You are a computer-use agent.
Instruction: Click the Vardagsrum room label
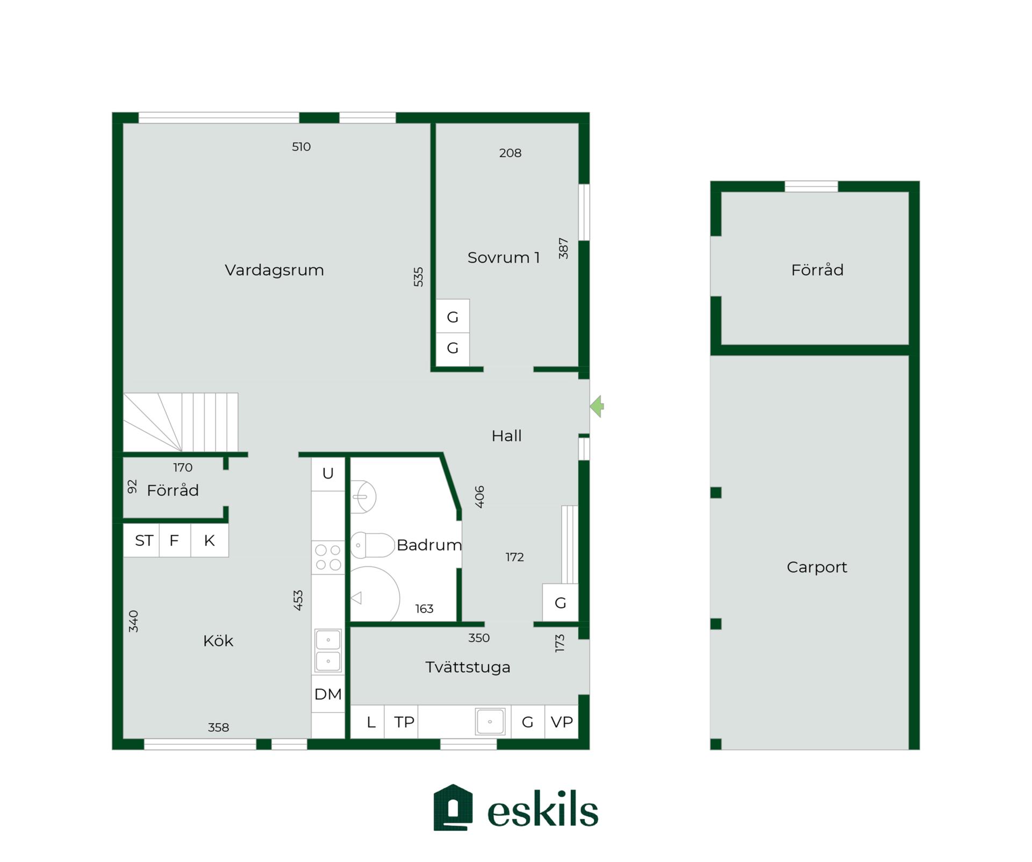[x=274, y=270]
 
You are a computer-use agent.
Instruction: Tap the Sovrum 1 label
[x=504, y=258]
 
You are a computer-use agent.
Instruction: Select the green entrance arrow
[x=597, y=406]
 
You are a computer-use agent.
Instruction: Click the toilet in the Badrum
[x=372, y=545]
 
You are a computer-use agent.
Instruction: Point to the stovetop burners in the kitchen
[x=328, y=557]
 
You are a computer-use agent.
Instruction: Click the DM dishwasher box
[x=328, y=694]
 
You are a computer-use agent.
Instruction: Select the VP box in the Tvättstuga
[x=562, y=722]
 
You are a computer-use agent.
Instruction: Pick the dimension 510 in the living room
[x=302, y=147]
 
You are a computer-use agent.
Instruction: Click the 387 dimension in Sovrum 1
[x=563, y=248]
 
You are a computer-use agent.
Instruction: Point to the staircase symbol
[x=181, y=422]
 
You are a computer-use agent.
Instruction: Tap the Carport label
[x=817, y=567]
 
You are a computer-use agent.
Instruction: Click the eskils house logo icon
[x=453, y=807]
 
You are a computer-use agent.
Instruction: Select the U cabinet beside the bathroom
[x=328, y=474]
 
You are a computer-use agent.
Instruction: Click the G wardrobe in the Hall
[x=561, y=603]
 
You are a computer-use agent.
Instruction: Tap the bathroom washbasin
[x=363, y=496]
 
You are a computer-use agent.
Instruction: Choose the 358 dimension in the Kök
[x=219, y=728]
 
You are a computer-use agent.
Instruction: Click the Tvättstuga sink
[x=490, y=721]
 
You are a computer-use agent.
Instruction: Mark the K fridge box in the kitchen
[x=210, y=540]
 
